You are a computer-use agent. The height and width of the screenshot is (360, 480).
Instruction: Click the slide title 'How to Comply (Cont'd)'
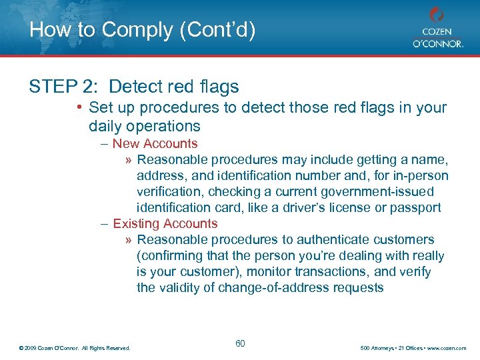[142, 30]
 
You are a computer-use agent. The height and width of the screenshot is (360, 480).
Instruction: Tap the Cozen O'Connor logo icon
[437, 15]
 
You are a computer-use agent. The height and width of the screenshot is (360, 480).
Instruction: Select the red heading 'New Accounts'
[155, 143]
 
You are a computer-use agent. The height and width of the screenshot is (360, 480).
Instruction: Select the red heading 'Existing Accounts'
[165, 223]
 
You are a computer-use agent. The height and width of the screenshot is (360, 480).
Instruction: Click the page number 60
[240, 343]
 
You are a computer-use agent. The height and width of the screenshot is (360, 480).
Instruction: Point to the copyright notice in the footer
[75, 348]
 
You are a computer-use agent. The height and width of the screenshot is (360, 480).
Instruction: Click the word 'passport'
[417, 207]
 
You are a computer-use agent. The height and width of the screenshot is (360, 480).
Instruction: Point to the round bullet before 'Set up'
[79, 107]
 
